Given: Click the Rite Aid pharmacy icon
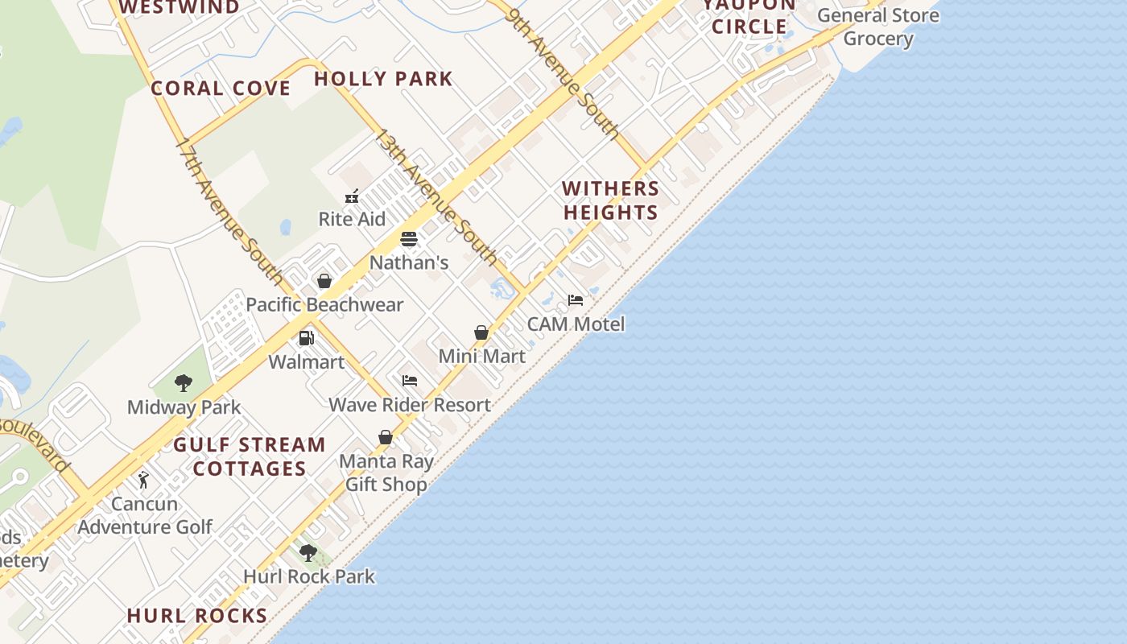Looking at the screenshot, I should pos(352,196).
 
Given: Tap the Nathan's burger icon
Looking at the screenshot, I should pos(409,240).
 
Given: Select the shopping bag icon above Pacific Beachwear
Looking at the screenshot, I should pos(324,281).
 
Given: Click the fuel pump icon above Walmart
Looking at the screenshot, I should pos(307,338).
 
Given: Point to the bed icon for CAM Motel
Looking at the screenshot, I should pos(576,300).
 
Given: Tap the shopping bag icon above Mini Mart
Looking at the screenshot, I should pos(481,332).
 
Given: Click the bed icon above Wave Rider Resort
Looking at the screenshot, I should pos(410,381).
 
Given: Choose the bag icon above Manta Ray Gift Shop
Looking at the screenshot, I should pos(386,437).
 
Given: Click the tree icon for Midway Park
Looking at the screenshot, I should pos(184,382).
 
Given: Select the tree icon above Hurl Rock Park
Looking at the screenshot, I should pos(308,553).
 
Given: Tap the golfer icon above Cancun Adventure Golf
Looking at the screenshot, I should pos(144,481).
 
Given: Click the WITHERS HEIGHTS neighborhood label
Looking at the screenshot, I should pos(611,200).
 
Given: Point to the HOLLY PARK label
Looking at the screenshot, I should pos(383,79).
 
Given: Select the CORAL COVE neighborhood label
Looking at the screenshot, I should pos(221,89).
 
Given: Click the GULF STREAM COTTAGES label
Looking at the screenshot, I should pos(250,456).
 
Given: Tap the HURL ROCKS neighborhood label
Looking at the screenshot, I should pos(197,616).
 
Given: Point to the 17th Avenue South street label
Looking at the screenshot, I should pos(229,213).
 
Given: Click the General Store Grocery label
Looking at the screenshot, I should pos(878,27).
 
